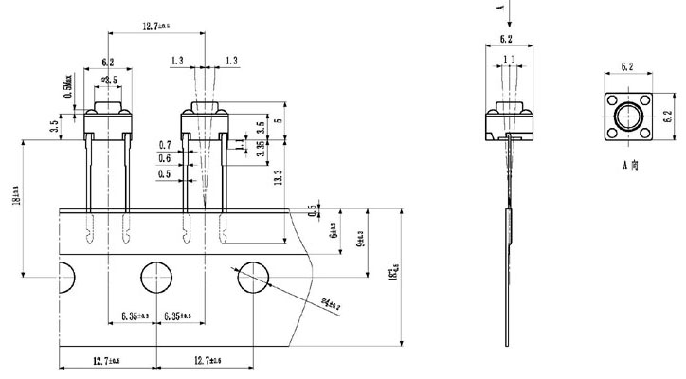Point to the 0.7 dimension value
(x=166, y=145)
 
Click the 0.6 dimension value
(x=166, y=159)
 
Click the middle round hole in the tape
(x=158, y=280)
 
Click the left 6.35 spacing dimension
(x=136, y=315)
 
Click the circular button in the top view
(x=626, y=117)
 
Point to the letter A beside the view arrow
(x=500, y=7)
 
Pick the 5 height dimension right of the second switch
(x=278, y=121)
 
